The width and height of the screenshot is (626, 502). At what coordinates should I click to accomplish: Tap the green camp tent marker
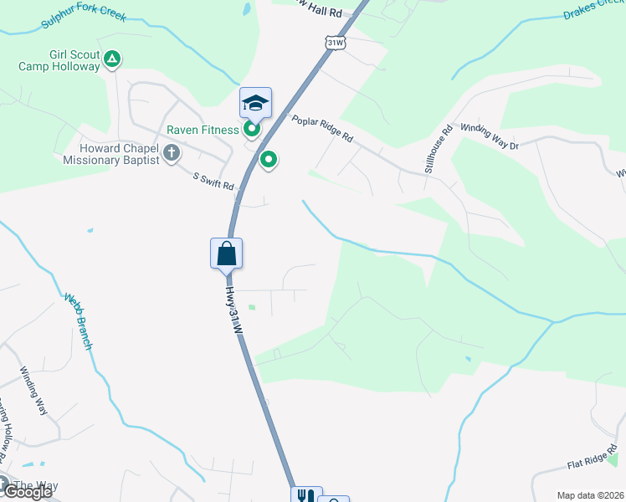pyautogui.click(x=113, y=59)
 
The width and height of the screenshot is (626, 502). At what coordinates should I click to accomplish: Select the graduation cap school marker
pyautogui.click(x=255, y=103)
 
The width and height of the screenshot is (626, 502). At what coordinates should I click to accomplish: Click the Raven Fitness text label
pyautogui.click(x=202, y=130)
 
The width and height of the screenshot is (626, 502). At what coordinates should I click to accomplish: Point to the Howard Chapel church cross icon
pyautogui.click(x=172, y=152)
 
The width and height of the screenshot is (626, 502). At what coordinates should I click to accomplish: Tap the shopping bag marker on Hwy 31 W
pyautogui.click(x=226, y=253)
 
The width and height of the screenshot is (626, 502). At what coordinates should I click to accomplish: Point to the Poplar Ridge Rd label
pyautogui.click(x=323, y=129)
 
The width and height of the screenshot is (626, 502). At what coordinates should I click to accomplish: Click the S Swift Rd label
pyautogui.click(x=213, y=181)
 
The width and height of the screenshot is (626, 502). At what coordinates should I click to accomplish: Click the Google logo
pyautogui.click(x=27, y=492)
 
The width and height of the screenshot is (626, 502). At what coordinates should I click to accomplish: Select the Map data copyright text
pyautogui.click(x=590, y=495)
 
